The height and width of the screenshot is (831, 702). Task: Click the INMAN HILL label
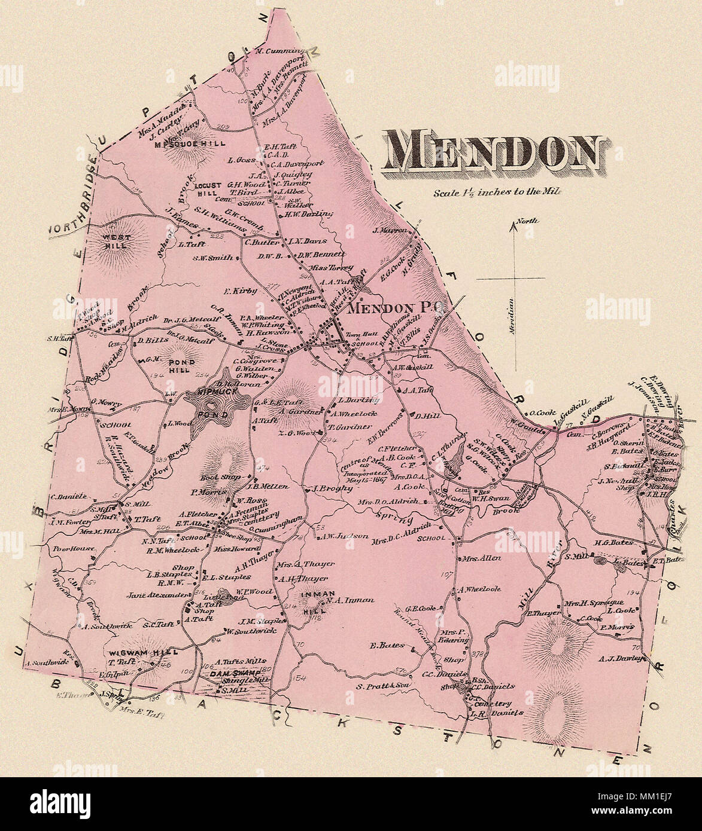tap(310, 600)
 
